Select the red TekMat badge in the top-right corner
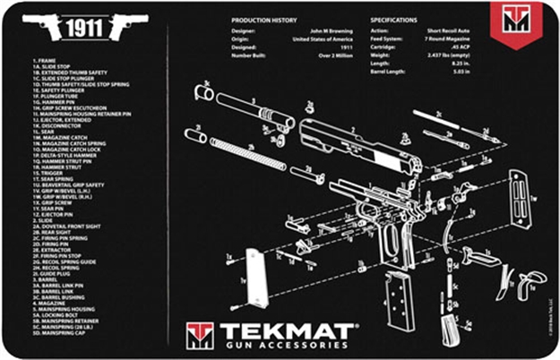click(517, 21)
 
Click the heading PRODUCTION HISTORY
click(266, 19)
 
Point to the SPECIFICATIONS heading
click(392, 19)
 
